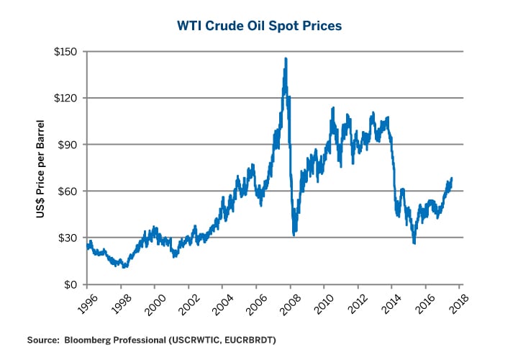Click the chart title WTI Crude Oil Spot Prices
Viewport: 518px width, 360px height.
point(259,25)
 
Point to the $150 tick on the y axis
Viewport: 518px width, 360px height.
point(66,52)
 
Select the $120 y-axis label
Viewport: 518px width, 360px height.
point(66,98)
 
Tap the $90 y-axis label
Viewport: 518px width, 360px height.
point(69,145)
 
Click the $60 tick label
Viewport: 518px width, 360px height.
point(69,192)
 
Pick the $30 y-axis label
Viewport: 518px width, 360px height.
point(69,238)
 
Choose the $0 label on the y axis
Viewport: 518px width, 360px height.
point(72,284)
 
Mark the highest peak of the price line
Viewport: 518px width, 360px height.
point(286,59)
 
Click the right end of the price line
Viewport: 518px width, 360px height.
point(452,179)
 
